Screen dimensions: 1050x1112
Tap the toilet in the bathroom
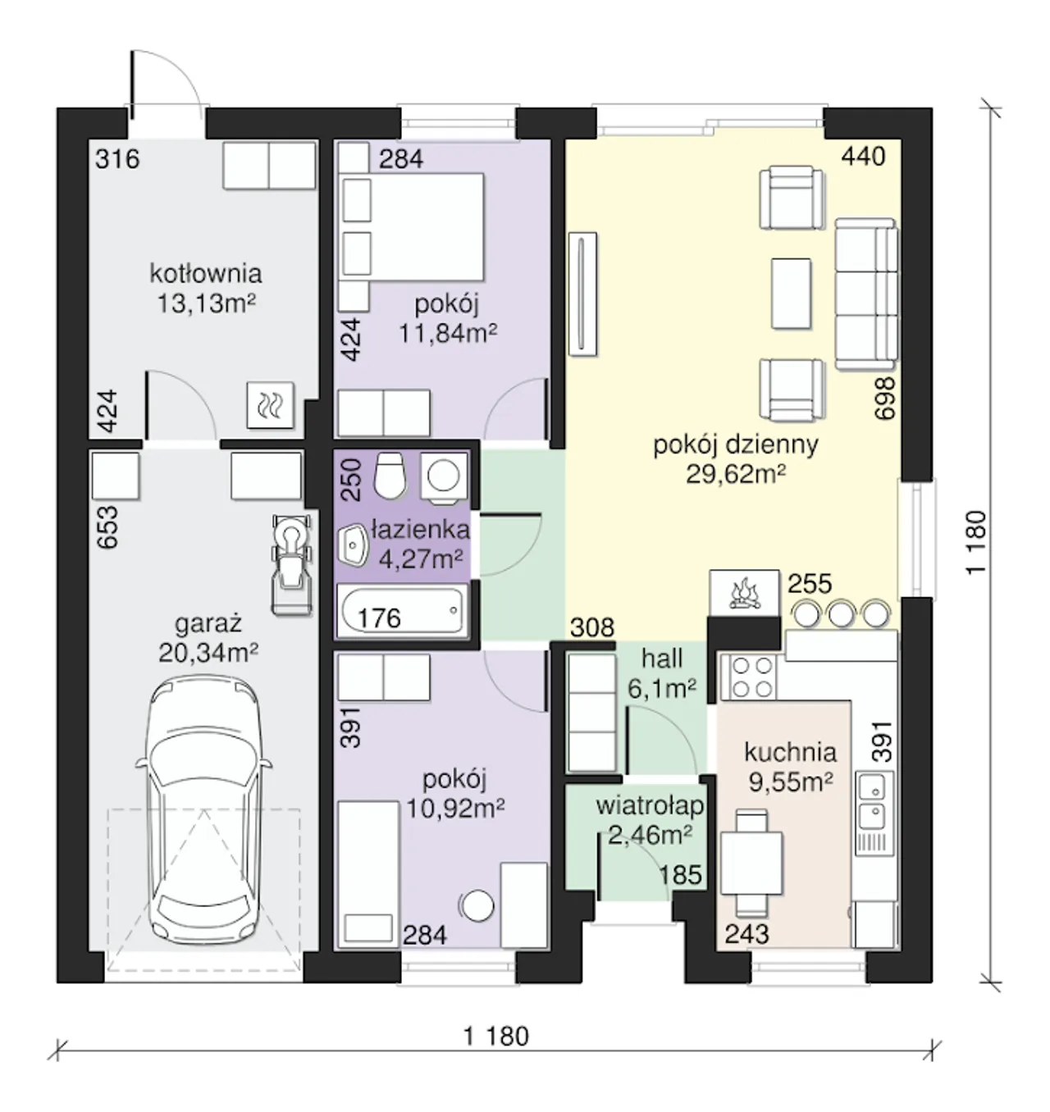point(390,475)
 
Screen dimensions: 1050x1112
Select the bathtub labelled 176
point(402,611)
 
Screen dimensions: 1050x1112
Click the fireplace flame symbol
point(743,594)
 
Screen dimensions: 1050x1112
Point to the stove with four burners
point(750,677)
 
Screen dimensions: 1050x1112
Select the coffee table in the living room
point(791,294)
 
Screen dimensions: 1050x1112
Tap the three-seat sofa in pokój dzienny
point(865,294)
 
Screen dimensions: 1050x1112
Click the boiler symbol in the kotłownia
point(271,405)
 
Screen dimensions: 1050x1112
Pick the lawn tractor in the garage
point(290,564)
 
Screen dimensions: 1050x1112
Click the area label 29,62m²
point(736,474)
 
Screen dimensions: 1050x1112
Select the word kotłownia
point(206,274)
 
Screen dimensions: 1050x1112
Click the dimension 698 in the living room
point(885,398)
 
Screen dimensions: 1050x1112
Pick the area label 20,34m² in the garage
point(208,652)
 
